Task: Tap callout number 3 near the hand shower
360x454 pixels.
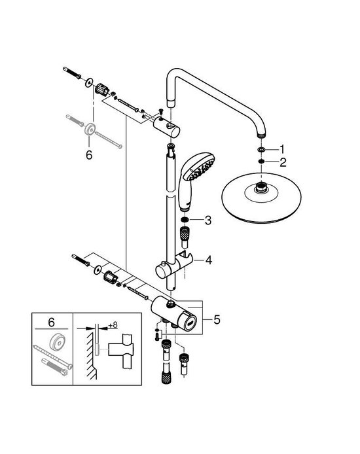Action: [x=207, y=220]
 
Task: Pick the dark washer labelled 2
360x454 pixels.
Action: [x=261, y=160]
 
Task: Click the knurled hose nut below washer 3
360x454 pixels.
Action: [x=185, y=234]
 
